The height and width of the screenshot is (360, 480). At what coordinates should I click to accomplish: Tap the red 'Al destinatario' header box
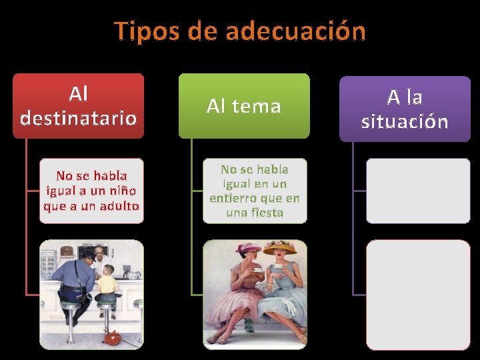coord(79,105)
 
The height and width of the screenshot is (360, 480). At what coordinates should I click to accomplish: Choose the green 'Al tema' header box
coord(244,105)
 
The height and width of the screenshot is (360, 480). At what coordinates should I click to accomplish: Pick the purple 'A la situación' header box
coord(405,109)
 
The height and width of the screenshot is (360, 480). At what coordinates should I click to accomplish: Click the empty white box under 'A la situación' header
coord(417,190)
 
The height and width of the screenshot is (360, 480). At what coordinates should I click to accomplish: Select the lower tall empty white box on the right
coord(417,294)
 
